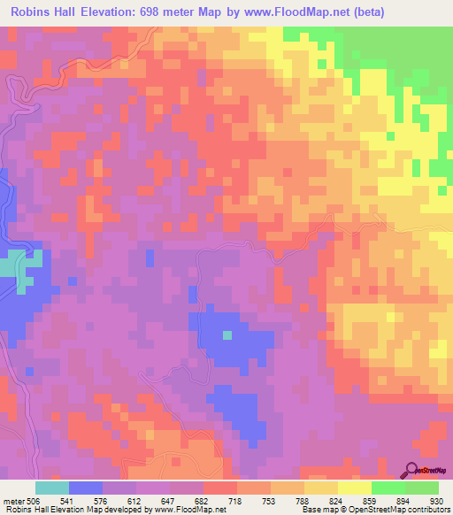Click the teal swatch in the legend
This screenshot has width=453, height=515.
pos(52,488)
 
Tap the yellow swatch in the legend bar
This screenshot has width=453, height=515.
pos(354,488)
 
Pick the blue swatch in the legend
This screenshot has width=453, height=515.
pos(86,488)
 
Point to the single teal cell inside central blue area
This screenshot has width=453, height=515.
pos(226,334)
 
